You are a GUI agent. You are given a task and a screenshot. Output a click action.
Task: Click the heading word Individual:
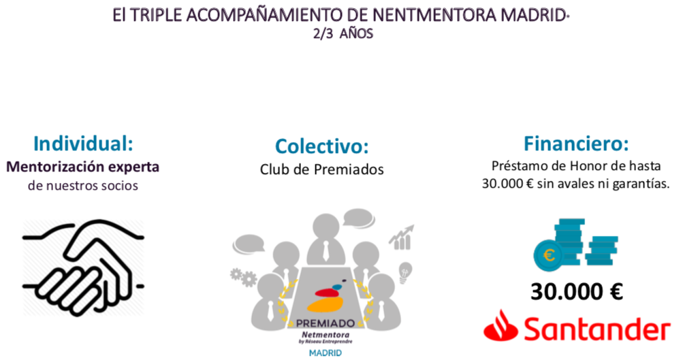point(83,143)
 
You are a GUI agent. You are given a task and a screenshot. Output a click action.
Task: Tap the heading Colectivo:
point(322,146)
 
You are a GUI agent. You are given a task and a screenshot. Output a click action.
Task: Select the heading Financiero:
point(576,143)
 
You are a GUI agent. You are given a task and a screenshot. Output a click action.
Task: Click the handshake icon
point(83,267)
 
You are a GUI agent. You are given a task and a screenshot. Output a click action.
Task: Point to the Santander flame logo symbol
point(501,325)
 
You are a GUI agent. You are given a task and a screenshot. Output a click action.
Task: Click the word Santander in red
point(597,329)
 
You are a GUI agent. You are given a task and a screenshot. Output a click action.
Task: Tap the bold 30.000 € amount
point(577,291)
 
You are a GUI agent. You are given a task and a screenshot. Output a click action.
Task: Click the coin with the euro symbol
point(549,255)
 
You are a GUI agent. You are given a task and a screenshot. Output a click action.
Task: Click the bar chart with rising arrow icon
point(402,238)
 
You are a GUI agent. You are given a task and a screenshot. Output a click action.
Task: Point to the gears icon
point(244,277)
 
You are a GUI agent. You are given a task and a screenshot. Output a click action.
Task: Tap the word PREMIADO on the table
point(325,323)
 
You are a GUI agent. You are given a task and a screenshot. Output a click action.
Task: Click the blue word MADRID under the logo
point(325,353)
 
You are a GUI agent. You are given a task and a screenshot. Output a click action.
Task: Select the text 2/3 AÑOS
point(343,33)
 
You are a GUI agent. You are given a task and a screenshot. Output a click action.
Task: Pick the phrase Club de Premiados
point(322,169)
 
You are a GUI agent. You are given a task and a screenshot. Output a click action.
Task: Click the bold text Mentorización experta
point(83,167)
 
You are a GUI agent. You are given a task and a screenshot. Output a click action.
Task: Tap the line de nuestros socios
point(83,185)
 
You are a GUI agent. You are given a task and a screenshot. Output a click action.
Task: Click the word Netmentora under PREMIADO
point(325,335)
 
